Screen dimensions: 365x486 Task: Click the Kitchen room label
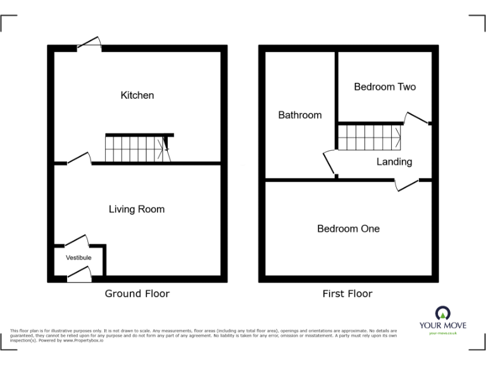pyautogui.click(x=137, y=95)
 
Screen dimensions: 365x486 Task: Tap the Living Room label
pyautogui.click(x=137, y=209)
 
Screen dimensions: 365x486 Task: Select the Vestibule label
pyautogui.click(x=79, y=258)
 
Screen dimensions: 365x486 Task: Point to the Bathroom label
pyautogui.click(x=300, y=115)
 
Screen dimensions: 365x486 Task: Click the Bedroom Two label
pyautogui.click(x=385, y=87)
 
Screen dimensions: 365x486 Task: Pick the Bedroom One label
pyautogui.click(x=348, y=228)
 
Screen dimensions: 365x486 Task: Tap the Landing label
pyautogui.click(x=394, y=162)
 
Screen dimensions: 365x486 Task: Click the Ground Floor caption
pyautogui.click(x=137, y=293)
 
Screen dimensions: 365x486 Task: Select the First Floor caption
pyautogui.click(x=347, y=293)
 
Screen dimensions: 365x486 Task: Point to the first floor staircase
pyautogui.click(x=368, y=137)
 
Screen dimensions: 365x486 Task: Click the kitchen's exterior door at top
pyautogui.click(x=89, y=43)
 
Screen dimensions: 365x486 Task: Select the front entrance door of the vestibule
pyautogui.click(x=79, y=273)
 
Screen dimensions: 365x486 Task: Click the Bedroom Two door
pyautogui.click(x=417, y=118)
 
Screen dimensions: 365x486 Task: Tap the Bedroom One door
pyautogui.click(x=407, y=184)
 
